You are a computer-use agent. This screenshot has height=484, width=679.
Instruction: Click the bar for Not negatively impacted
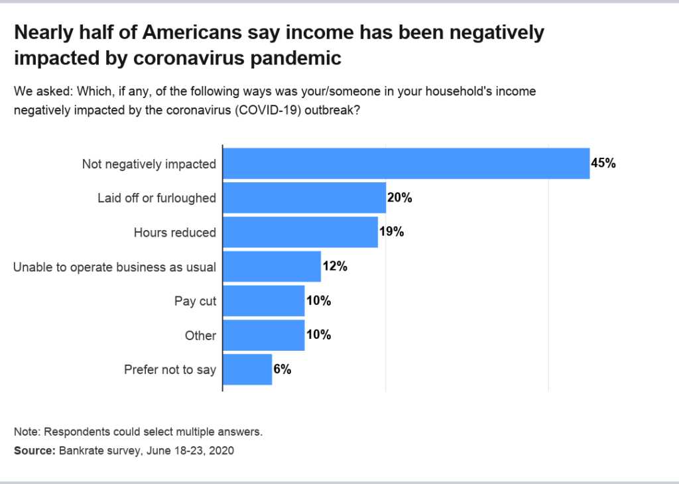[406, 163]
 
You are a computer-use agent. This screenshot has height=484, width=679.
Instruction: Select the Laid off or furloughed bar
[304, 198]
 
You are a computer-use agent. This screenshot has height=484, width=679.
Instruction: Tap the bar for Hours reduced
[300, 232]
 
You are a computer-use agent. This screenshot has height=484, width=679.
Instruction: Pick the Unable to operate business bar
[272, 267]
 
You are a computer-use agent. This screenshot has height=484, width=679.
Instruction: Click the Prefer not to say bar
[247, 369]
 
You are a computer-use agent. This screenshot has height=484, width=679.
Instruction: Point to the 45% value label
[603, 163]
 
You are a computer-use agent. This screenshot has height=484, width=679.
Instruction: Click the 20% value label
[400, 198]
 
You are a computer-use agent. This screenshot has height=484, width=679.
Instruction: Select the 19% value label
[391, 232]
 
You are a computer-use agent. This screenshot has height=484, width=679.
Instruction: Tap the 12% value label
[335, 267]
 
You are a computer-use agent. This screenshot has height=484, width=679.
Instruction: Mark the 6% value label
[282, 369]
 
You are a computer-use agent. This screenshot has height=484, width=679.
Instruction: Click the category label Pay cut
[196, 301]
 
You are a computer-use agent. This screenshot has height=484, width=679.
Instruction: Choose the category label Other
[200, 335]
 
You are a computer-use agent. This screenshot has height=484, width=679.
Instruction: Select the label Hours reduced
[174, 232]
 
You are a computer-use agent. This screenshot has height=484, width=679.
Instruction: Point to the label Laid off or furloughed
[156, 198]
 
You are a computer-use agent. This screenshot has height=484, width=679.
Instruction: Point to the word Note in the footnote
[26, 432]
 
